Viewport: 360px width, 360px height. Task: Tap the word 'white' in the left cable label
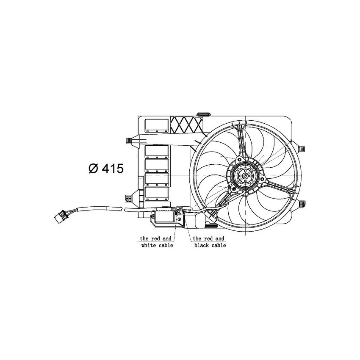coord(150,245)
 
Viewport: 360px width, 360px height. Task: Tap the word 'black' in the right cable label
coord(202,245)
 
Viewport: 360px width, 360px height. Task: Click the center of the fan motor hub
coord(244,177)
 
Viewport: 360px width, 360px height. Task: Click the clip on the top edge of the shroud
coord(205,114)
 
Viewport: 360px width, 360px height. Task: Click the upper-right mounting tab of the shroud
coord(302,148)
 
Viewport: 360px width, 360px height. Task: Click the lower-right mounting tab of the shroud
coord(302,204)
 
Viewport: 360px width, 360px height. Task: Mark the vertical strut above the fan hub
coord(241,142)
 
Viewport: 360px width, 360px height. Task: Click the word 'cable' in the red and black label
coord(218,245)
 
